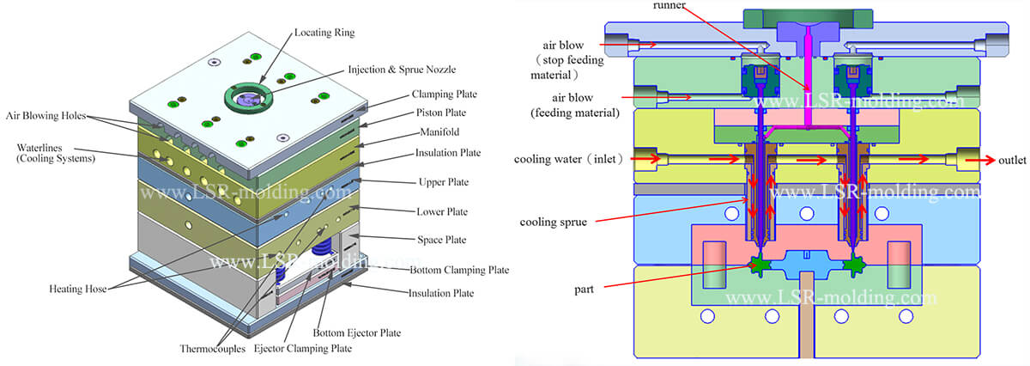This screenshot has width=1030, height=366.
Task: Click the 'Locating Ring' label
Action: (324, 33)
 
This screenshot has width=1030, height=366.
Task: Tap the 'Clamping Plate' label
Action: (444, 94)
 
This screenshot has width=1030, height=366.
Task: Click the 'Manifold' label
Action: (434, 133)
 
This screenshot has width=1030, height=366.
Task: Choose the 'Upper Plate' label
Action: (443, 183)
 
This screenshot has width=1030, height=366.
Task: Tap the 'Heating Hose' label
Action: (78, 290)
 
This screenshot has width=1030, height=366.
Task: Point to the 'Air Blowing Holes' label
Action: (49, 114)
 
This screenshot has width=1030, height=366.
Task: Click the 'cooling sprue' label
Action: (553, 222)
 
